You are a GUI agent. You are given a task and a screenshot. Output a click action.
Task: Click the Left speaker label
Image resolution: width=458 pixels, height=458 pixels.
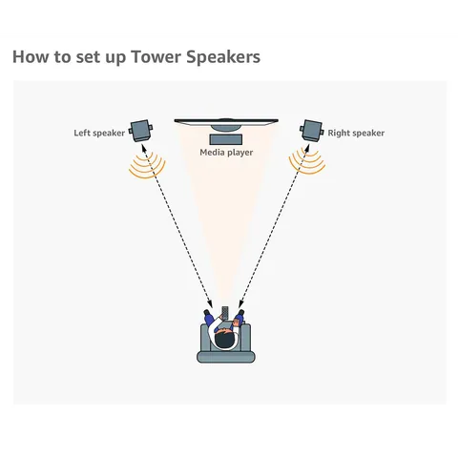click(99, 133)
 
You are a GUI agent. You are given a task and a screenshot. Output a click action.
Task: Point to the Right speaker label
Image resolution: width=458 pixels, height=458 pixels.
click(356, 133)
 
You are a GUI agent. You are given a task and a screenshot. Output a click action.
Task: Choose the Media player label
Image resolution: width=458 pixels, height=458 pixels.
click(226, 152)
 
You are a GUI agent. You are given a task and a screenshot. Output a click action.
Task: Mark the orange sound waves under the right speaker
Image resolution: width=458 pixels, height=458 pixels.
click(307, 168)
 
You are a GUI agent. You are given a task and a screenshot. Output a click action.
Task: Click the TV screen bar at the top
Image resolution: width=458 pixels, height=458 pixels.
click(226, 119)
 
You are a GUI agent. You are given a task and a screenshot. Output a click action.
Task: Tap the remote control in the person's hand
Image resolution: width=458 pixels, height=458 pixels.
click(225, 313)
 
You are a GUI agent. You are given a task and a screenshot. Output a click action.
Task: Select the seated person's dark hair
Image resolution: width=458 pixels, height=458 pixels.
click(225, 338)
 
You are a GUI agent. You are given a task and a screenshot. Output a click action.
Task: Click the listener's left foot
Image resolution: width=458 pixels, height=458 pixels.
click(208, 312)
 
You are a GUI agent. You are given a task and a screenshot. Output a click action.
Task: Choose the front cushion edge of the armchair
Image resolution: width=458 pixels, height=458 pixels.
click(225, 357)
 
